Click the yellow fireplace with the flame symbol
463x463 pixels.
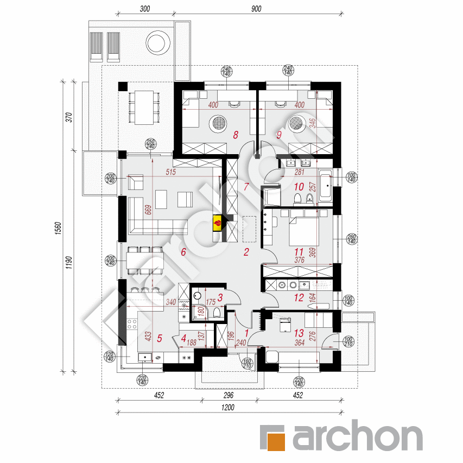coord(217,222)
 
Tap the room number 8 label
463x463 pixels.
coord(236,135)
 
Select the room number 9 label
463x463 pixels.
coord(279,135)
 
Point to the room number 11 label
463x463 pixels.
coord(298,252)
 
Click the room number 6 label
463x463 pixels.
coord(183,252)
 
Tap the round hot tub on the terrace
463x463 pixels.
coord(157,42)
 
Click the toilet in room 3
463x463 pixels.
coord(217,311)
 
